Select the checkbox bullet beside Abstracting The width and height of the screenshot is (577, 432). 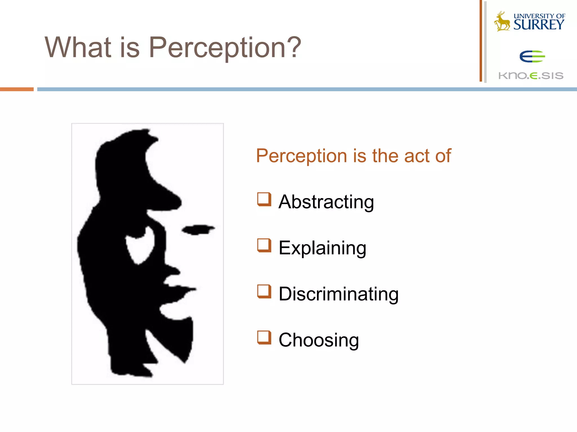264,199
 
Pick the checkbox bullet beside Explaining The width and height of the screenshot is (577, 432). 264,246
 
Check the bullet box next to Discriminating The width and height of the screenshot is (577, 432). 264,291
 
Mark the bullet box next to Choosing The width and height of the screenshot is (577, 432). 264,337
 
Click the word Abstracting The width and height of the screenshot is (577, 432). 326,202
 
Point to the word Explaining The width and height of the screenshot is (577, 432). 322,248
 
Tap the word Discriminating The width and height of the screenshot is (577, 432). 338,294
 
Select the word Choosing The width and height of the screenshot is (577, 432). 319,340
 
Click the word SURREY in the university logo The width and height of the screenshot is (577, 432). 539,25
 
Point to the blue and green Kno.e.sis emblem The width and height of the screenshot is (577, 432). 532,57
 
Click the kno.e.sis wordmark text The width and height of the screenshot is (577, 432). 531,76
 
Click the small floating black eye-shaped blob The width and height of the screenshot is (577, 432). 198,229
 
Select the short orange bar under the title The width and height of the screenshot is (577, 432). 17,89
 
